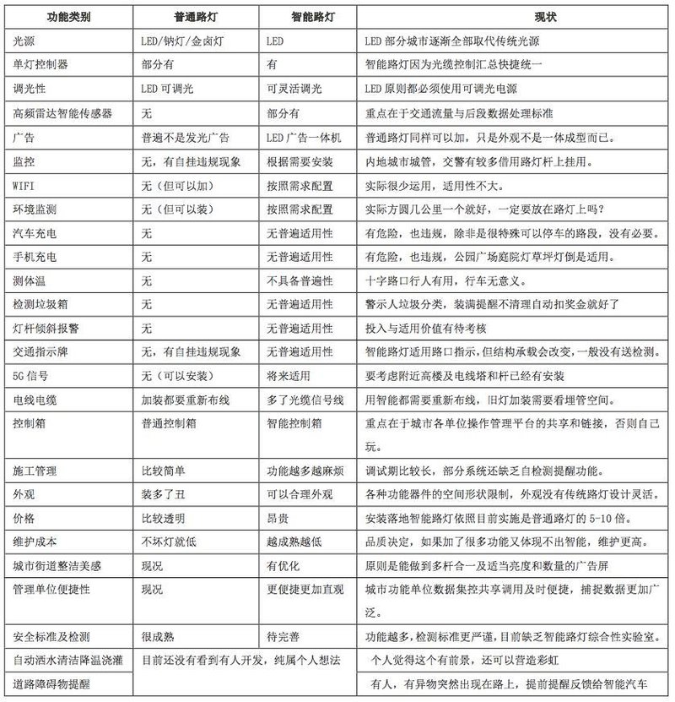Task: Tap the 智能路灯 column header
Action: click(309, 16)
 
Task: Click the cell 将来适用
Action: click(288, 374)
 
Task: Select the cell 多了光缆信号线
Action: click(302, 398)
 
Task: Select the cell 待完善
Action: click(283, 637)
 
